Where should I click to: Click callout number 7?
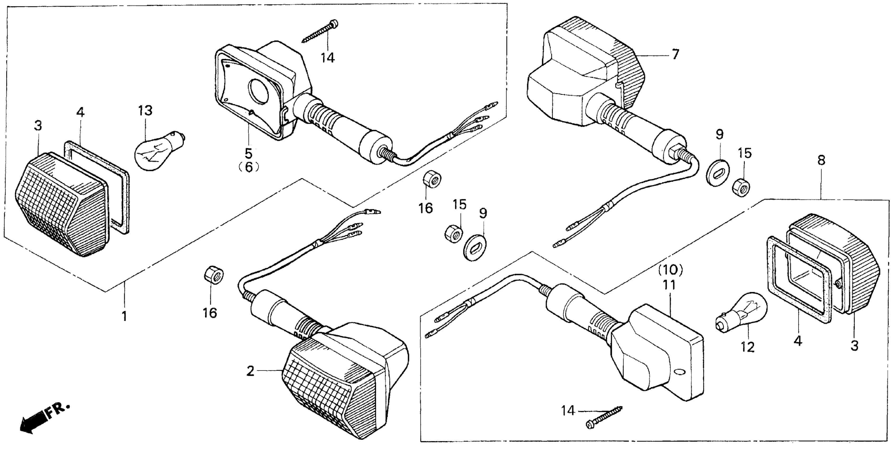point(675,55)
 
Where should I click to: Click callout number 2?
point(250,372)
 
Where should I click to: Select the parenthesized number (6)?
point(249,167)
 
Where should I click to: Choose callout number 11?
point(669,285)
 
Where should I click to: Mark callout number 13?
point(145,111)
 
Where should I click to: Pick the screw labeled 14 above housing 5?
point(320,32)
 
